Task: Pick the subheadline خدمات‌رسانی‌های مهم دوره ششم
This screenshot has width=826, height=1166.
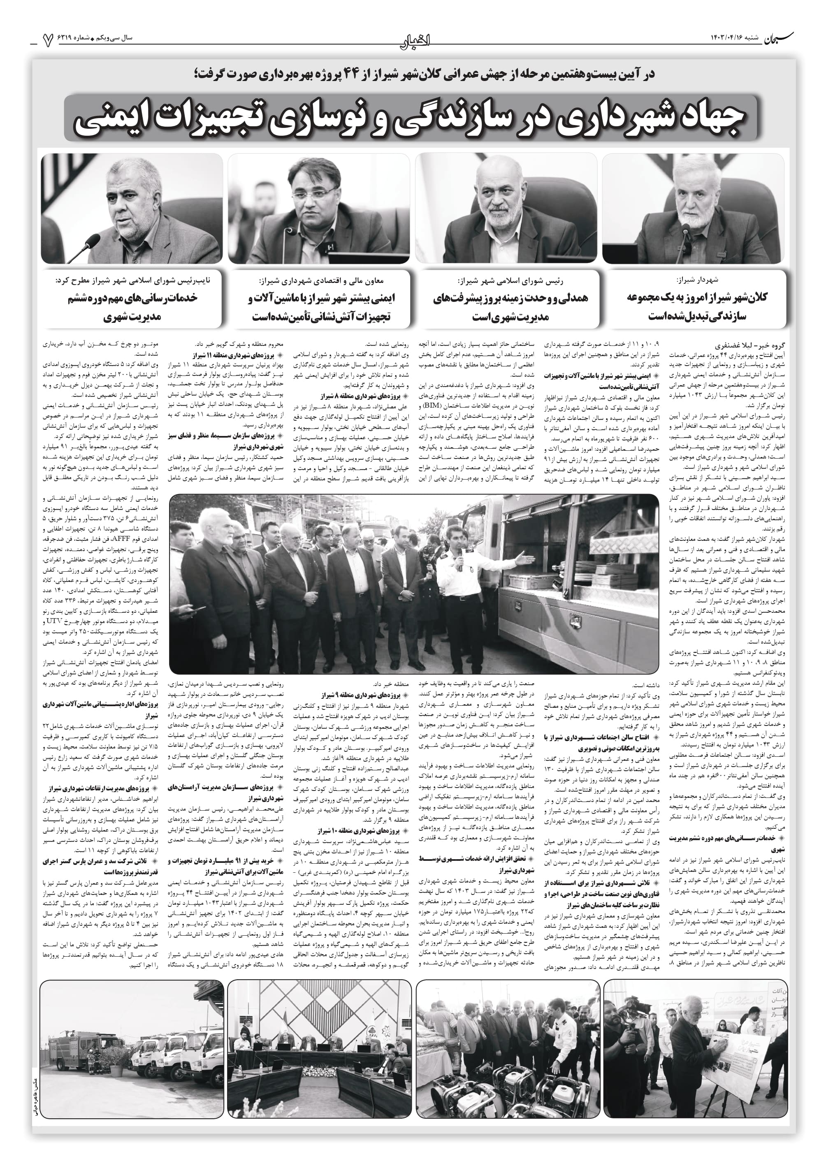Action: coord(132,299)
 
